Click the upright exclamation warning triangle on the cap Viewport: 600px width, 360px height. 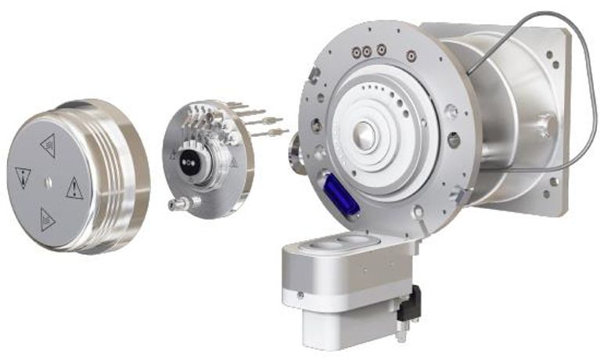[x=74, y=188]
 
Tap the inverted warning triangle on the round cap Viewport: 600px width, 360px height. [x=23, y=177]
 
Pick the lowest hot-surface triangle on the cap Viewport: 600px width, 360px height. [x=48, y=219]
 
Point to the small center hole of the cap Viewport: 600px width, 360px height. [x=49, y=182]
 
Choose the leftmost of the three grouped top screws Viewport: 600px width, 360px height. [x=356, y=52]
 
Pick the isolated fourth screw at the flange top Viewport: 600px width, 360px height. [x=409, y=55]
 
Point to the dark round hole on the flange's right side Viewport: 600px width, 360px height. [x=453, y=140]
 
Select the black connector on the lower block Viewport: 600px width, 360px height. [x=409, y=304]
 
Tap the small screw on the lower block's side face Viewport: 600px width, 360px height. [x=301, y=295]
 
